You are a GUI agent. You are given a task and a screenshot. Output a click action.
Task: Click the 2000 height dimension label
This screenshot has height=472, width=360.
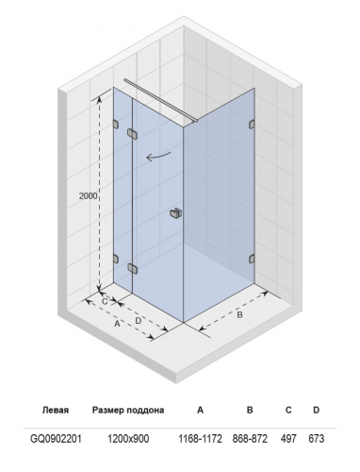pos(88,196)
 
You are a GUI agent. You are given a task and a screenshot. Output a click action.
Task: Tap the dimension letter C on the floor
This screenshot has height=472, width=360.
pos(106,301)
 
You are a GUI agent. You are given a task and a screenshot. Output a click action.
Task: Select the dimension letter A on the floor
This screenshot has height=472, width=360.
pos(117,323)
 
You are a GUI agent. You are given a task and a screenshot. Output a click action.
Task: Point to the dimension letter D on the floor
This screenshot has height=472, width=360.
pos(139,321)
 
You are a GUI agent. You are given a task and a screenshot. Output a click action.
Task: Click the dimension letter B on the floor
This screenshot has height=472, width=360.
pos(239,314)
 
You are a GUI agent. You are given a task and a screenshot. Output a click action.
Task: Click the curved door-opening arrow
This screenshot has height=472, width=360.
pos(158,157)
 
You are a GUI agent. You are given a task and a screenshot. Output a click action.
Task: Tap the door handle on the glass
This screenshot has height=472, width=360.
pos(175,213)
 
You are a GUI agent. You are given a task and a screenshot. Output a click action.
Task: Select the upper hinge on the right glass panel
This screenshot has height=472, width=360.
pos(252,125)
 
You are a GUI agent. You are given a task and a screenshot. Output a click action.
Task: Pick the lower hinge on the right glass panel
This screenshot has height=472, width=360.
pos(252,259)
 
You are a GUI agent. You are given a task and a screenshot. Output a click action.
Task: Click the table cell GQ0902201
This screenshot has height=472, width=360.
pos(56,438)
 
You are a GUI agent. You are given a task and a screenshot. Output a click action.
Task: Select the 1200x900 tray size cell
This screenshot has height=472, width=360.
pos(128,438)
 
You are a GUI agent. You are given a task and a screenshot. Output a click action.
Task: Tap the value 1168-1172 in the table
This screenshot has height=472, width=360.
pos(200,438)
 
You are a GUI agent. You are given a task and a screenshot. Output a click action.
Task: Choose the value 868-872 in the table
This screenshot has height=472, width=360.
pos(250,438)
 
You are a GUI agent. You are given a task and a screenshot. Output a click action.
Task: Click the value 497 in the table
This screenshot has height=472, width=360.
pos(288,438)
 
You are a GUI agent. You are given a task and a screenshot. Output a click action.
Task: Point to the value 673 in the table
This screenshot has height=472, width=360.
pos(317,438)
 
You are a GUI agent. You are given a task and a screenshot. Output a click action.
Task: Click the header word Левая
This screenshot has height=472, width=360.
pos(56,410)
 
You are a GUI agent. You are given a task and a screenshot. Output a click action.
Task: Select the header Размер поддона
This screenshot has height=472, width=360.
pos(128,411)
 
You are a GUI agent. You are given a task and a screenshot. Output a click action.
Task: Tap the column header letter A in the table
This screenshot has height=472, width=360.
pos(200,410)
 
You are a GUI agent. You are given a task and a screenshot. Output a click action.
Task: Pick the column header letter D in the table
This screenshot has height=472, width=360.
pos(317,410)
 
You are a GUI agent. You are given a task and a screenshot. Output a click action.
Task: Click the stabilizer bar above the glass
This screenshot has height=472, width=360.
pos(161,100)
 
